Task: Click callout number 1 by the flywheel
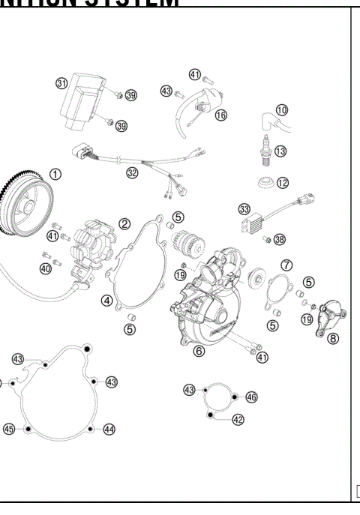(55, 173)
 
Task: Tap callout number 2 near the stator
(124, 223)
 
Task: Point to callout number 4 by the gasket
(107, 301)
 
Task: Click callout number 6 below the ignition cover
(199, 350)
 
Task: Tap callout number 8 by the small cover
(333, 338)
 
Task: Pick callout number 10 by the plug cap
(281, 110)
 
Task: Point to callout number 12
(282, 182)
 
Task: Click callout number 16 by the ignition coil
(220, 115)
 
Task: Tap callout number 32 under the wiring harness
(132, 172)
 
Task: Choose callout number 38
(280, 240)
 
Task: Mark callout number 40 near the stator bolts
(46, 268)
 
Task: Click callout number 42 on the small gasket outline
(238, 420)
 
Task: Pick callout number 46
(251, 396)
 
